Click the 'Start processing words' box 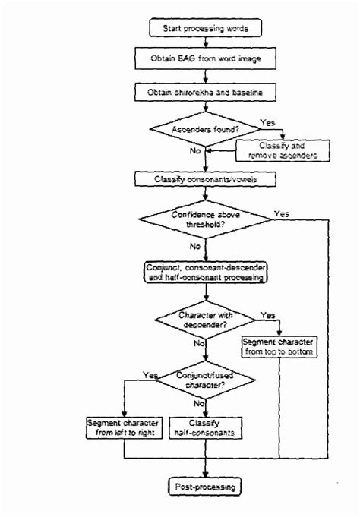(x=206, y=29)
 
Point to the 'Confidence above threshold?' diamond (x=206, y=220)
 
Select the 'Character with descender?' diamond (x=206, y=319)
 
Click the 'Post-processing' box (x=206, y=485)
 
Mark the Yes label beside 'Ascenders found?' (x=267, y=121)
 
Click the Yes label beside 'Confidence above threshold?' (x=282, y=213)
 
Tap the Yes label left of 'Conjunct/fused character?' (x=149, y=375)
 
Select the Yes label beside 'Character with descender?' (x=267, y=314)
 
